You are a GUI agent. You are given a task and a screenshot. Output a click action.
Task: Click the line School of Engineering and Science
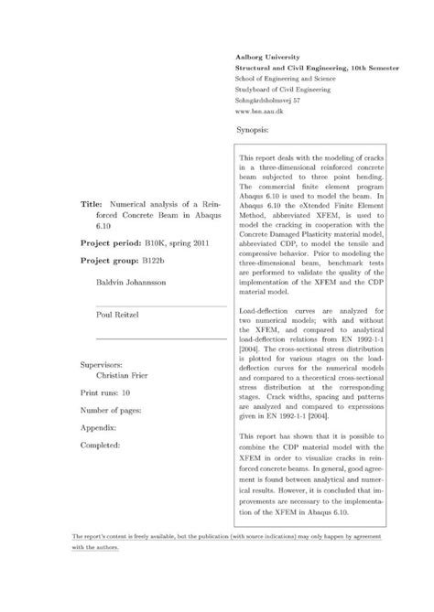pos(286,79)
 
